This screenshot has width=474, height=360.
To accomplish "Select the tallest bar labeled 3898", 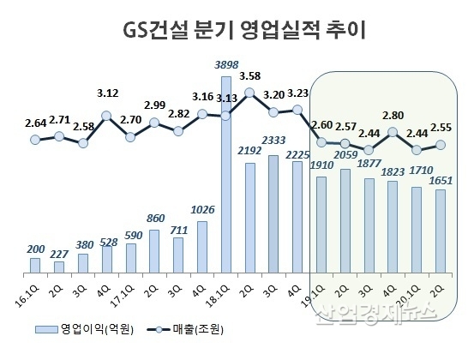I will point(226,176).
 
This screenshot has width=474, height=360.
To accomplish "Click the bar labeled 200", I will point(35,267).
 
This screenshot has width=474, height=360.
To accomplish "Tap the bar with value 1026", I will point(202,249).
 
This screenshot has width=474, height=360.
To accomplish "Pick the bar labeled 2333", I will point(273,215).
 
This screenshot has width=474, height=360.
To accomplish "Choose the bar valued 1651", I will point(441,232).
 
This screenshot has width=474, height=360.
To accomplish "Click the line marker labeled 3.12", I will point(107,115).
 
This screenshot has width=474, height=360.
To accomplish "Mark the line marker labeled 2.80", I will point(393,132).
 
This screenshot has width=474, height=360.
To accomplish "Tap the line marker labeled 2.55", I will point(441,145).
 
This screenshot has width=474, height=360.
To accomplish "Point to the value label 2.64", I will point(35,123).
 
